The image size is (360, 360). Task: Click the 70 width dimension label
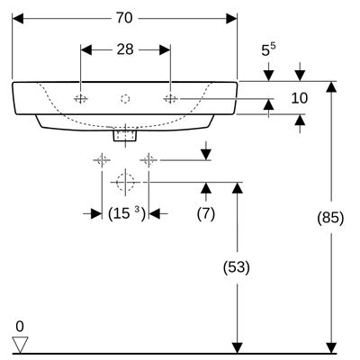(124, 18)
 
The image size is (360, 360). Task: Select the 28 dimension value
(125, 49)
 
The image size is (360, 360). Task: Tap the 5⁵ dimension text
(268, 49)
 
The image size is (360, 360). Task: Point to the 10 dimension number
(300, 98)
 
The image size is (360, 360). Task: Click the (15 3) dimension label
(126, 214)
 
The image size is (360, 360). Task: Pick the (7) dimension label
(206, 214)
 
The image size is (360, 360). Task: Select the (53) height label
(237, 267)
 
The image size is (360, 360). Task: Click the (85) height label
(330, 217)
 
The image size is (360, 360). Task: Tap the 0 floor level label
(20, 327)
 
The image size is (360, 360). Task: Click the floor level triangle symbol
(20, 345)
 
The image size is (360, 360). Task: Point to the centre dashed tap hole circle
(125, 99)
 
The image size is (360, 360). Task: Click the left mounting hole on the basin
(81, 98)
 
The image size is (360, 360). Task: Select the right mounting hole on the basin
(170, 98)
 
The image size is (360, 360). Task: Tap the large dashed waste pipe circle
(125, 182)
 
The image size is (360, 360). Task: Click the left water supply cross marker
(102, 160)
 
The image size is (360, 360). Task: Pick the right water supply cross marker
(148, 160)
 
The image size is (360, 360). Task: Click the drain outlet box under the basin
(125, 134)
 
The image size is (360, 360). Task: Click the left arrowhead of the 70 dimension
(18, 19)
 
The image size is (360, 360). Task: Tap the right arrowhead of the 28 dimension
(165, 49)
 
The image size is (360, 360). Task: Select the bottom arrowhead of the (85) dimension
(331, 348)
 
